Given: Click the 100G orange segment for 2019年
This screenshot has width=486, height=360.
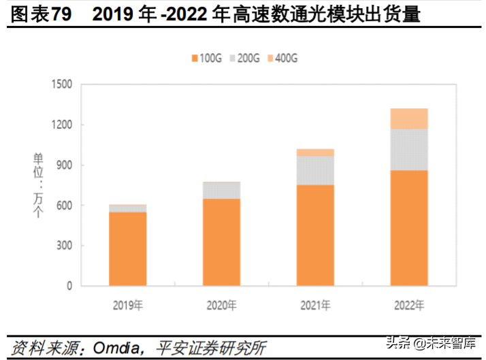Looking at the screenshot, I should click(128, 248).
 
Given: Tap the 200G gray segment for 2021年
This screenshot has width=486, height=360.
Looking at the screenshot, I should click(315, 170).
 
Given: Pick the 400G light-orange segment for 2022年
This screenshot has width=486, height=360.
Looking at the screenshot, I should click(409, 118).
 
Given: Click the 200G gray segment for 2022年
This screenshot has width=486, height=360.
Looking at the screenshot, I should click(409, 149).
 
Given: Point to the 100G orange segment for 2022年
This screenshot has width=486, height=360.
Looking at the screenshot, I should click(409, 227).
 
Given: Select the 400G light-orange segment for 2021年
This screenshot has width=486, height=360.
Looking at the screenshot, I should click(315, 152).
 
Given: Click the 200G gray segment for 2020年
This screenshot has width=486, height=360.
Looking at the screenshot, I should click(221, 190).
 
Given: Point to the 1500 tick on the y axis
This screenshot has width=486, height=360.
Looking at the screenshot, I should click(61, 84).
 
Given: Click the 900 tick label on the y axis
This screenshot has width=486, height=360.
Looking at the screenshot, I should click(64, 165).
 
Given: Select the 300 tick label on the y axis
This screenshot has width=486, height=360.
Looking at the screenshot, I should click(64, 246).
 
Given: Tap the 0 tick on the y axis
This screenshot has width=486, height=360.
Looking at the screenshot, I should click(69, 286).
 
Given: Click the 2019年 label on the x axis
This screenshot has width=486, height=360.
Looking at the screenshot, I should click(127, 304).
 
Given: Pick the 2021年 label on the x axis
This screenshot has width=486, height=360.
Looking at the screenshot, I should click(315, 304).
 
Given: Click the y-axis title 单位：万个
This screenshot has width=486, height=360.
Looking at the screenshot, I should click(38, 185).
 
